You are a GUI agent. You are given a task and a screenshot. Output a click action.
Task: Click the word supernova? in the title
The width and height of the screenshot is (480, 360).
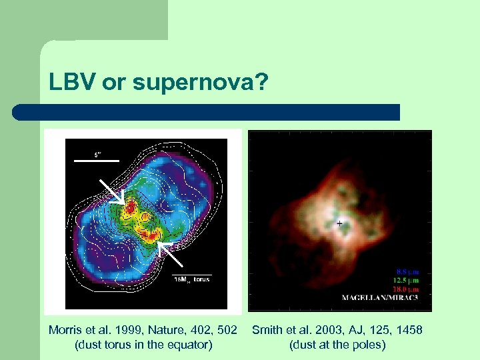pos(200,83)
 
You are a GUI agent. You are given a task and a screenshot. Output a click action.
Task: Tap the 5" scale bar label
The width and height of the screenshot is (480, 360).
pos(97,153)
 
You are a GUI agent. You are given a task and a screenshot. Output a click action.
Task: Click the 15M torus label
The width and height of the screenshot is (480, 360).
pos(191,279)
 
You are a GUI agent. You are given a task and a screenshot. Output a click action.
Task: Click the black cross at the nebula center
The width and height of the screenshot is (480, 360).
pos(340,224)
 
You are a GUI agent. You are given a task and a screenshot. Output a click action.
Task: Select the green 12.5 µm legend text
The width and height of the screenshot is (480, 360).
pos(408,281)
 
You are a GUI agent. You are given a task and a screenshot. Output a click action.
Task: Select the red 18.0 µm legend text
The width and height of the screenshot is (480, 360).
pos(408,289)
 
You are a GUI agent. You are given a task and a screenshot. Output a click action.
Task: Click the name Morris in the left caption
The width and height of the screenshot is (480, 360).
pos(65,331)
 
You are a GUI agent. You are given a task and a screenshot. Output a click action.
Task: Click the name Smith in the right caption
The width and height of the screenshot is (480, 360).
pos(267,331)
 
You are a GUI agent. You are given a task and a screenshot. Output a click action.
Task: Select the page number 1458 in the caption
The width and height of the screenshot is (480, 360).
pos(407,331)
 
